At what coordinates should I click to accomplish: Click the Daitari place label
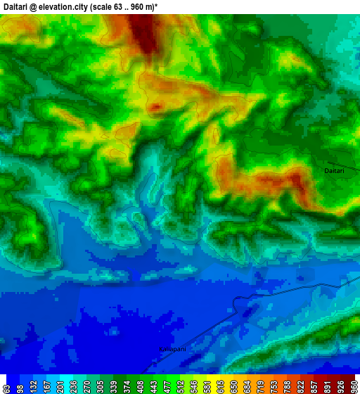[x=335, y=171]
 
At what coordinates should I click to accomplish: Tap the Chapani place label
[x=173, y=349]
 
